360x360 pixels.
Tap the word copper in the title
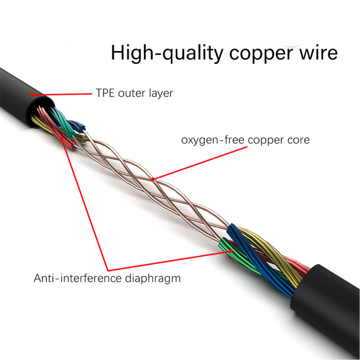[259, 54]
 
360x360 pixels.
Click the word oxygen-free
[211, 140]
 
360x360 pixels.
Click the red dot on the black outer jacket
[32, 94]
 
